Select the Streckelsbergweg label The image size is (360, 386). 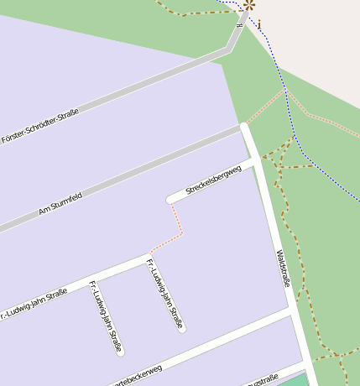213,180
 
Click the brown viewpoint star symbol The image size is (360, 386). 248,5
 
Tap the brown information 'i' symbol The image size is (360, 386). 259,23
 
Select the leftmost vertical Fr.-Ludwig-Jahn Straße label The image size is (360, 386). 106,315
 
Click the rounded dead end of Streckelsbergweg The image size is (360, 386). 171,199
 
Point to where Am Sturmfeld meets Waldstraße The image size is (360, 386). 244,128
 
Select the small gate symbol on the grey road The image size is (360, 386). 241,26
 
